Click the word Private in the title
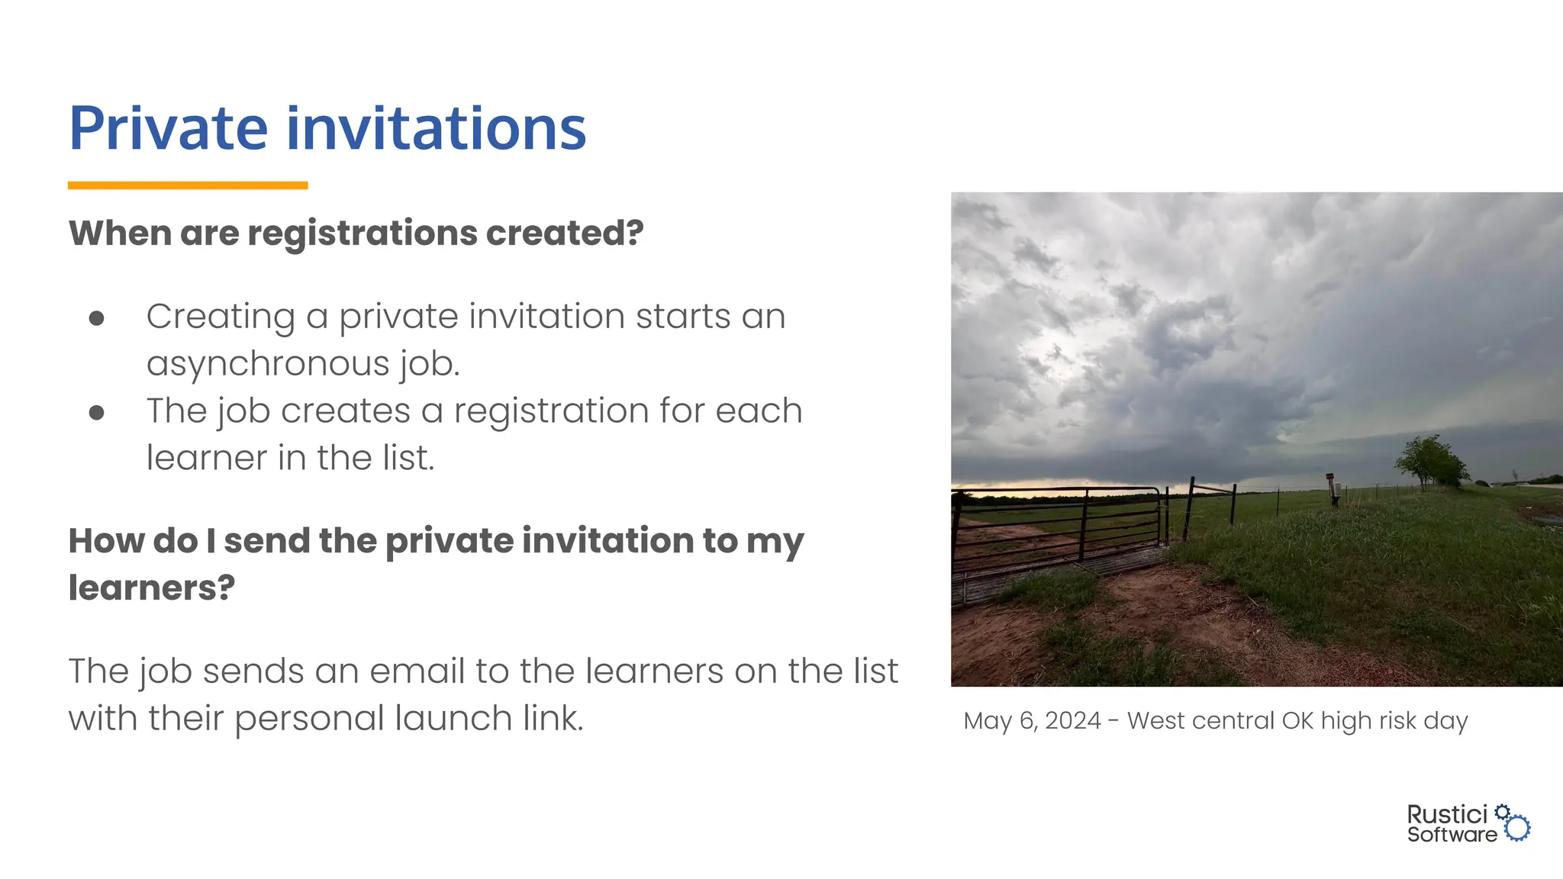tap(168, 128)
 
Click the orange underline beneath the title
tap(187, 185)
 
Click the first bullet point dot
tap(96, 318)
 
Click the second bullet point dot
tap(96, 413)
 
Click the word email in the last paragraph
tap(417, 671)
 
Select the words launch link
tap(488, 718)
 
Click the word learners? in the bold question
tap(151, 588)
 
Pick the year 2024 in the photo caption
tap(1072, 720)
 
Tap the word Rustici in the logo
tap(1447, 814)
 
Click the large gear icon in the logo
tap(1518, 828)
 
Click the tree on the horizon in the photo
tap(1432, 460)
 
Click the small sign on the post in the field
tap(1330, 476)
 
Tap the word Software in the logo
tap(1452, 835)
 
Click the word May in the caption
tap(986, 720)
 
